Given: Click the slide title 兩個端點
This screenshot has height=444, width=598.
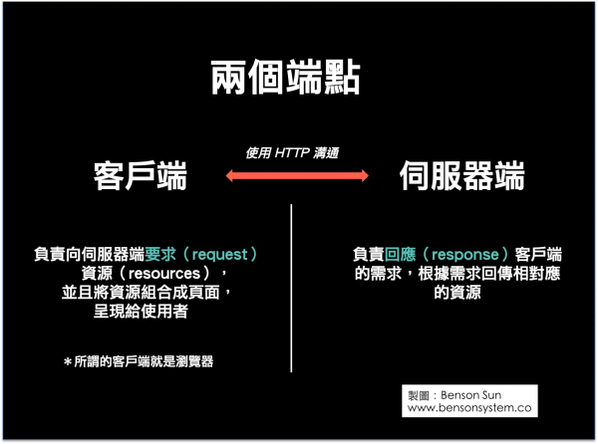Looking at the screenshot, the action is pyautogui.click(x=285, y=78).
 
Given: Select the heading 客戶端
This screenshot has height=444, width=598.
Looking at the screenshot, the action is pyautogui.click(x=140, y=175).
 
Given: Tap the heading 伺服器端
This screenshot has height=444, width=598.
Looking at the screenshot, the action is pyautogui.click(x=462, y=175).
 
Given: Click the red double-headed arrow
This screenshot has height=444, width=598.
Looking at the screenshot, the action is pyautogui.click(x=297, y=175).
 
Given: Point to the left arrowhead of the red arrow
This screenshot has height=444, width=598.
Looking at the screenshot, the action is pyautogui.click(x=229, y=175).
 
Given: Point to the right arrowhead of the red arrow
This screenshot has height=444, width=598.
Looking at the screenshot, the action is pyautogui.click(x=365, y=175).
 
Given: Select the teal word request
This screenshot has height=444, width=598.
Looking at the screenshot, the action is pyautogui.click(x=219, y=255).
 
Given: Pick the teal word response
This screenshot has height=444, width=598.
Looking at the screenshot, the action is pyautogui.click(x=465, y=255).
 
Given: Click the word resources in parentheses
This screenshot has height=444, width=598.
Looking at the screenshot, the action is pyautogui.click(x=164, y=274).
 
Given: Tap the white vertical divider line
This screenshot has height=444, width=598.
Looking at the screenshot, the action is pyautogui.click(x=291, y=288).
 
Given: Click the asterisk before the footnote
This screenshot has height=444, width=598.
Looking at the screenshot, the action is pyautogui.click(x=68, y=361).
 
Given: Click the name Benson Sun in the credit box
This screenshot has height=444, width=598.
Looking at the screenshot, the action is pyautogui.click(x=471, y=395).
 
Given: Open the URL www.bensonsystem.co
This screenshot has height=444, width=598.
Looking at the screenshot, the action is pyautogui.click(x=469, y=408).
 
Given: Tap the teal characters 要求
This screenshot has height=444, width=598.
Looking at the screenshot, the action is pyautogui.click(x=160, y=255).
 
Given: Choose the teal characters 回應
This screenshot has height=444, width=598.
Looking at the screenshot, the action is pyautogui.click(x=400, y=255).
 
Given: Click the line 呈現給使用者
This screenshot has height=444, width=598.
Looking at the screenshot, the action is pyautogui.click(x=141, y=312).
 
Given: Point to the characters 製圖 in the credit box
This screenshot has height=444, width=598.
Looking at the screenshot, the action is pyautogui.click(x=419, y=395).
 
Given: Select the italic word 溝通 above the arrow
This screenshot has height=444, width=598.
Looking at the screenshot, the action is pyautogui.click(x=326, y=153).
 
